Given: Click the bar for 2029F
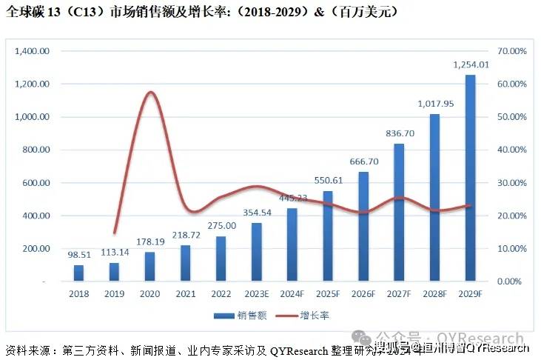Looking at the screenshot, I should pyautogui.click(x=470, y=178).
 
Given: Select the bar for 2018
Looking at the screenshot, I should pyautogui.click(x=78, y=273).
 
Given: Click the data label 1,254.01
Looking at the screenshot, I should pyautogui.click(x=471, y=65).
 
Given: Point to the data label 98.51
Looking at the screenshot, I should pyautogui.click(x=78, y=254).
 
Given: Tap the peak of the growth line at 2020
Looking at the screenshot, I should pyautogui.click(x=150, y=93).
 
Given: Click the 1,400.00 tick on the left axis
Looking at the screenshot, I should pyautogui.click(x=33, y=51).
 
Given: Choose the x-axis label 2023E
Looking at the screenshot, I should pyautogui.click(x=257, y=295).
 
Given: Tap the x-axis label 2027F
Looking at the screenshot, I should pyautogui.click(x=399, y=295).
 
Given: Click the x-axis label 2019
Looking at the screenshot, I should pyautogui.click(x=114, y=295).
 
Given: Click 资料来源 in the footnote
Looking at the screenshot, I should pyautogui.click(x=28, y=349).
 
